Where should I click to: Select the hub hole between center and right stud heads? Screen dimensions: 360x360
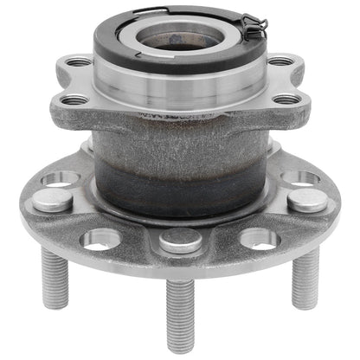pyautogui.click(x=259, y=238)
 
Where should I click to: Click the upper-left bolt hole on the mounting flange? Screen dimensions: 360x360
pyautogui.click(x=78, y=62)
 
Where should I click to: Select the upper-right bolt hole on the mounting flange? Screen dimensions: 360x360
pyautogui.click(x=280, y=62)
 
